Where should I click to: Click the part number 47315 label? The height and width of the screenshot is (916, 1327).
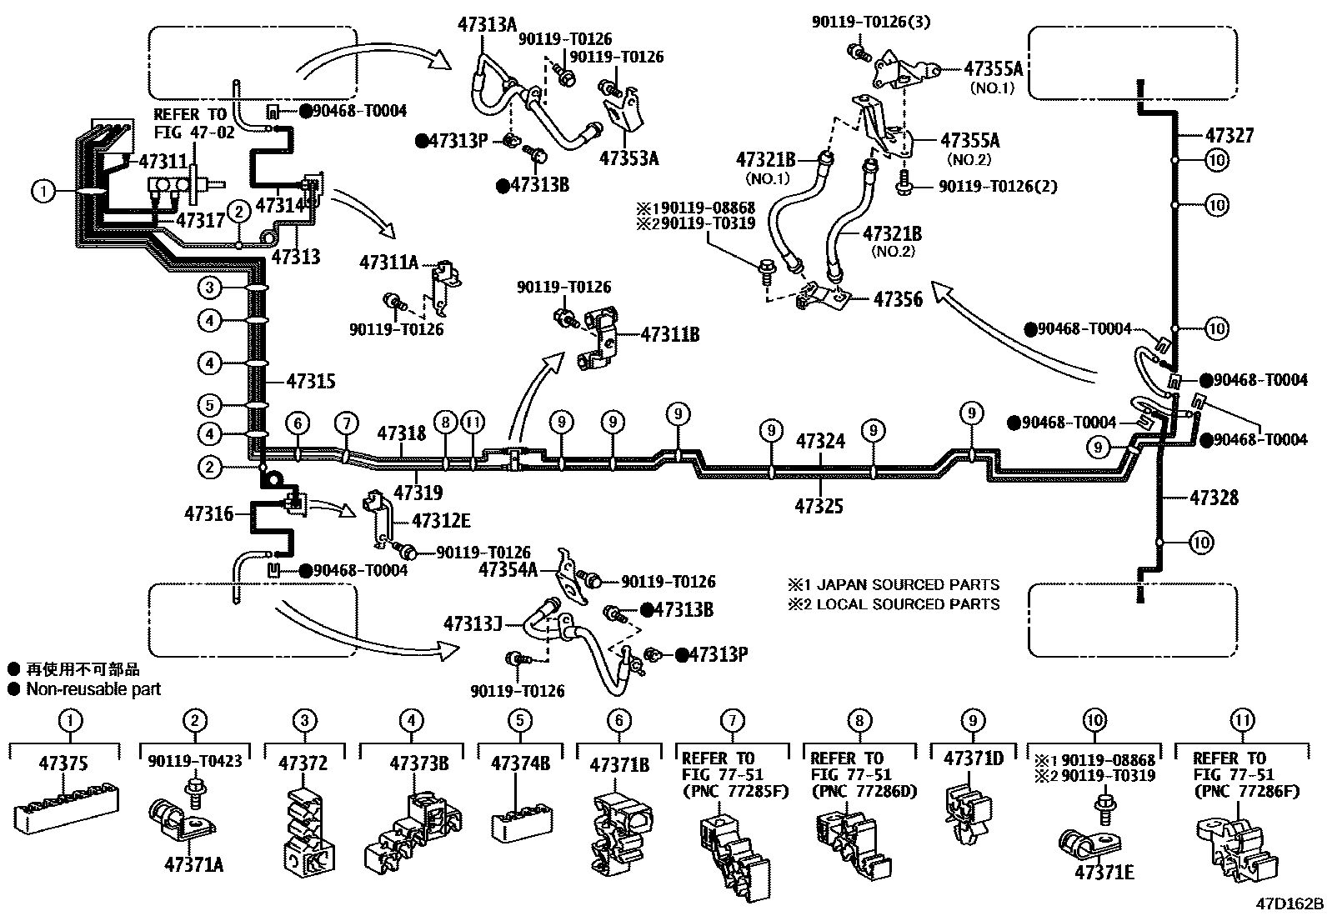(x=310, y=381)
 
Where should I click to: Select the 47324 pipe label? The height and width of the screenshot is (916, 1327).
(x=820, y=441)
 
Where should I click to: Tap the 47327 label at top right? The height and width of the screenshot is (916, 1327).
(x=1229, y=135)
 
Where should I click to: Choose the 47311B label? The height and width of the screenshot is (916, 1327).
(x=669, y=335)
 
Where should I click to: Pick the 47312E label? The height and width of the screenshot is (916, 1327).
(x=441, y=521)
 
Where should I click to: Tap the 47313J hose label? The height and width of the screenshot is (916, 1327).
(x=472, y=623)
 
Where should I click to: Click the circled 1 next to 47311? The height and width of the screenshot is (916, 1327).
(x=43, y=192)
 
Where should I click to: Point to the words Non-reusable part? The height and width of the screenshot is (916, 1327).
(x=93, y=689)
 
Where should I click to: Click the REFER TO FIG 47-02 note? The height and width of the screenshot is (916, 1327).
(x=193, y=123)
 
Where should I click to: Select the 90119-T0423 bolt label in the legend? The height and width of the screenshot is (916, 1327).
(x=195, y=760)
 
